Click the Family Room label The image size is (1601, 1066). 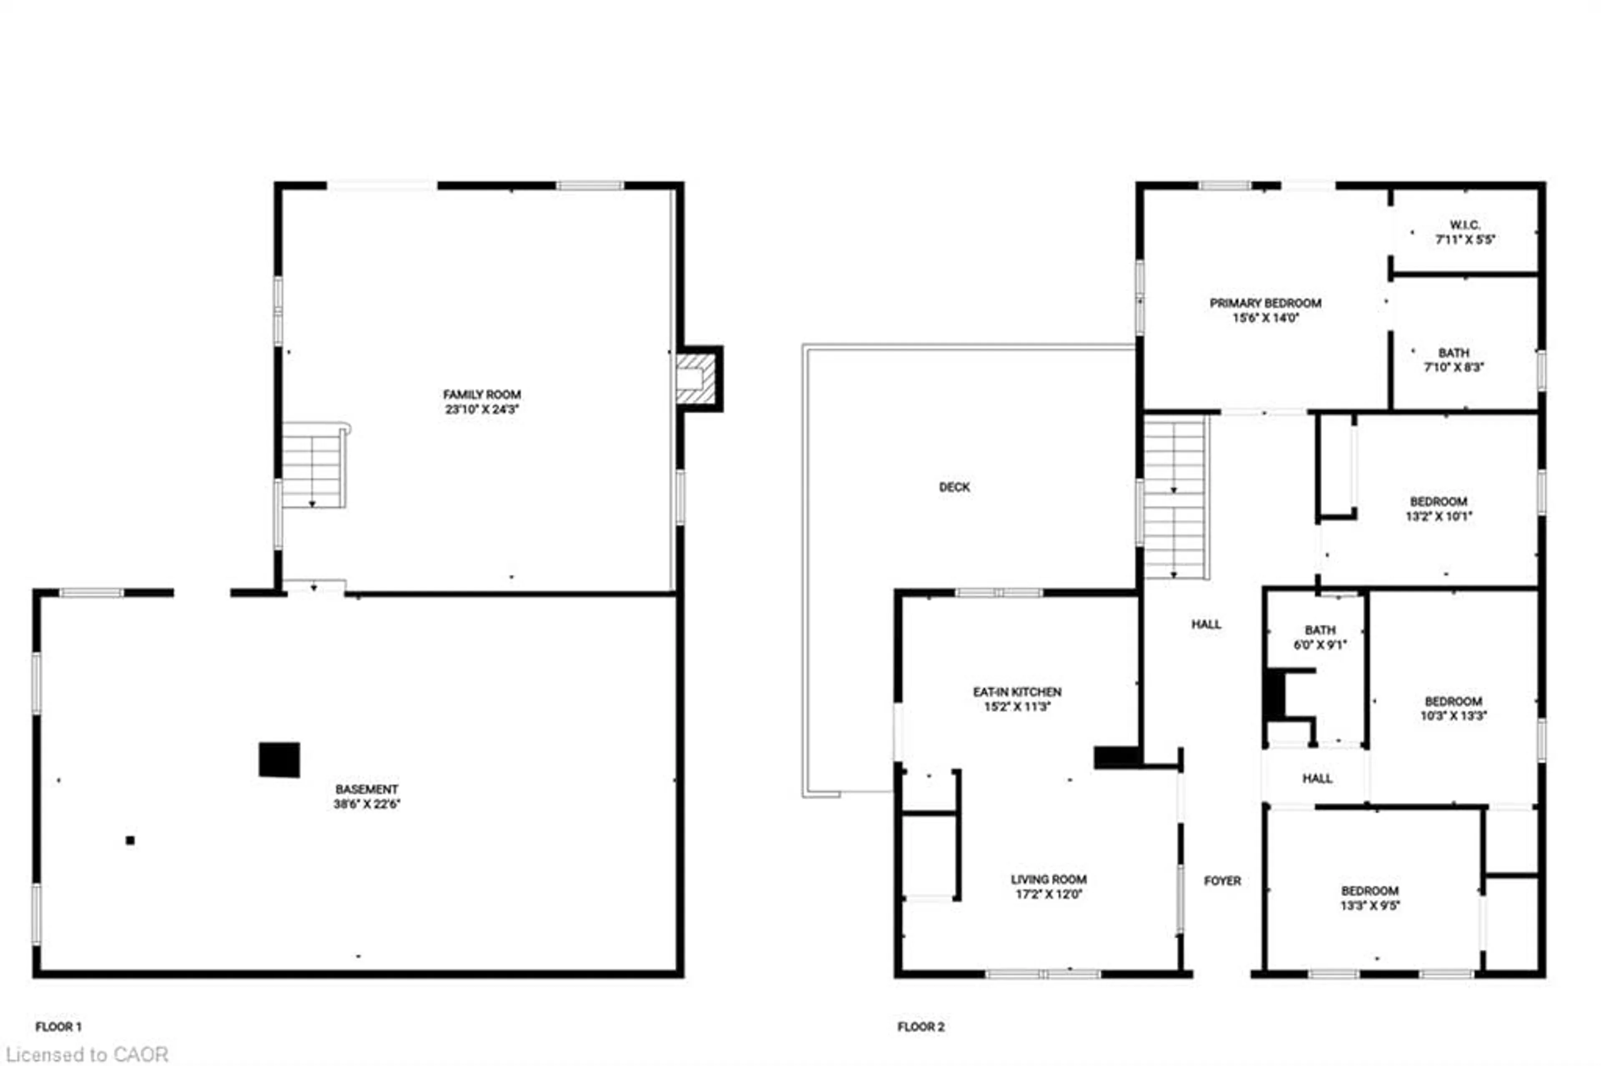(x=482, y=394)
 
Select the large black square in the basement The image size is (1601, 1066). (x=279, y=759)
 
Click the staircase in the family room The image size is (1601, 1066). (x=313, y=465)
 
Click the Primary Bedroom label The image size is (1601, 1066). (x=1265, y=303)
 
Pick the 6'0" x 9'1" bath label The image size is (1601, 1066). (x=1320, y=638)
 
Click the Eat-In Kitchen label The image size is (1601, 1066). (x=1017, y=692)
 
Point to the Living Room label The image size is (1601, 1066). (x=1048, y=880)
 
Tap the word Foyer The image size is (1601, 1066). (x=1222, y=881)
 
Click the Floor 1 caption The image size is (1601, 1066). (x=58, y=1026)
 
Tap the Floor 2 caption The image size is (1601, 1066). (x=921, y=1026)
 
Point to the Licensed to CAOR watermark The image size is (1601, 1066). (x=87, y=1054)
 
